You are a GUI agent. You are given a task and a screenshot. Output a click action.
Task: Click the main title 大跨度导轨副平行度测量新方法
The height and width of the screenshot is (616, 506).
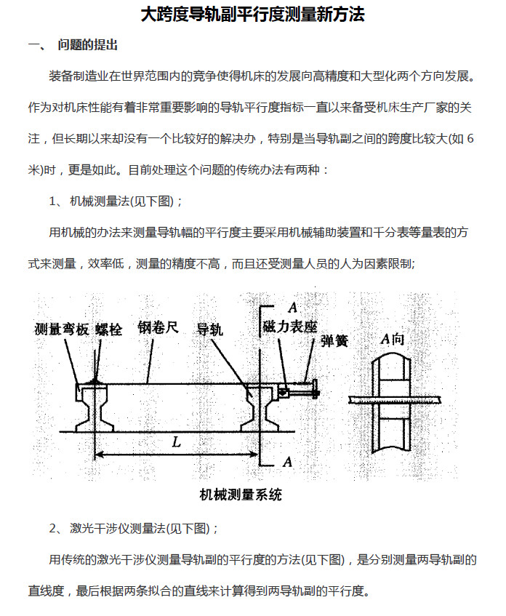(x=252, y=14)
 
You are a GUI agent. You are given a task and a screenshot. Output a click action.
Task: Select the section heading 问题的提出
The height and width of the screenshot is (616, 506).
(x=87, y=45)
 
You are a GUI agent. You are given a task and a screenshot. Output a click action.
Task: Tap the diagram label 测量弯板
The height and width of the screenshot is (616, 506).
(x=62, y=329)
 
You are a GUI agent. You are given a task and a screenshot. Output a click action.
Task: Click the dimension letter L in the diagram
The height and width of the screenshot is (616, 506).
(x=177, y=441)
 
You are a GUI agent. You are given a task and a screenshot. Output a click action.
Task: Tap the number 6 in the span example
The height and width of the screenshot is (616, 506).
(x=471, y=138)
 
